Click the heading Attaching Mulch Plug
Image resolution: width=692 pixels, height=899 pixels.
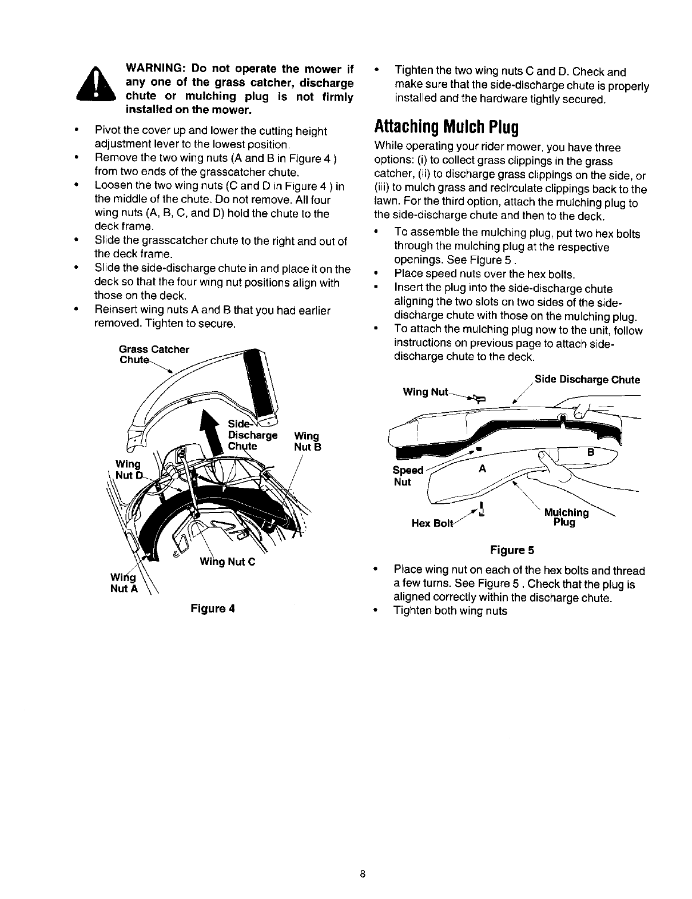(x=446, y=126)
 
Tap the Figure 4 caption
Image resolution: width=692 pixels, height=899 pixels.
(x=213, y=608)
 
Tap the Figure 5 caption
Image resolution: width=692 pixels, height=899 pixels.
(x=512, y=550)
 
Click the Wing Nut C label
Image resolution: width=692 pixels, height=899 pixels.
(x=227, y=560)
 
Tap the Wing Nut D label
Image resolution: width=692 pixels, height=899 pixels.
(x=128, y=469)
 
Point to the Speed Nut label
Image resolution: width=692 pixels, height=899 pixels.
(x=408, y=476)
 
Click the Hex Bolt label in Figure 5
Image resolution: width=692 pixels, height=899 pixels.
(x=432, y=523)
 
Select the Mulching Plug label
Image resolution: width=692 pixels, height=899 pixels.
(x=566, y=517)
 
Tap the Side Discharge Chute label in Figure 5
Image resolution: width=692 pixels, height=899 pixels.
(x=587, y=380)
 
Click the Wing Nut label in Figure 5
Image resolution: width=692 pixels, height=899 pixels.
(x=425, y=392)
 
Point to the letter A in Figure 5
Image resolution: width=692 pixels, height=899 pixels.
(x=482, y=468)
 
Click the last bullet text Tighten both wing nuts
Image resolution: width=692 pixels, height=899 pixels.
(x=451, y=611)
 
